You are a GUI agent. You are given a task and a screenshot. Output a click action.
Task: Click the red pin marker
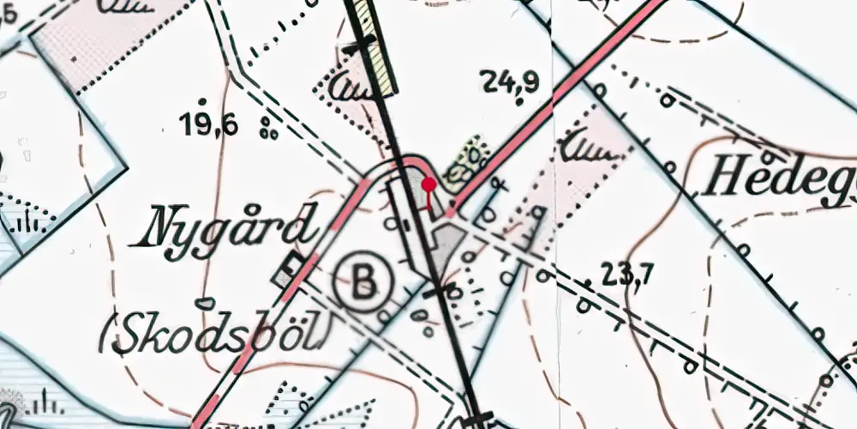428,184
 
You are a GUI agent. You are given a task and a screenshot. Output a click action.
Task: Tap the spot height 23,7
628,275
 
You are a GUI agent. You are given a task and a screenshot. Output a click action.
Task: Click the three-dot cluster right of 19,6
269,130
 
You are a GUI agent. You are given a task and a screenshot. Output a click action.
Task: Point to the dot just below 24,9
519,102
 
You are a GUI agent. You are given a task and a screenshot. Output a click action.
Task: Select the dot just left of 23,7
587,281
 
